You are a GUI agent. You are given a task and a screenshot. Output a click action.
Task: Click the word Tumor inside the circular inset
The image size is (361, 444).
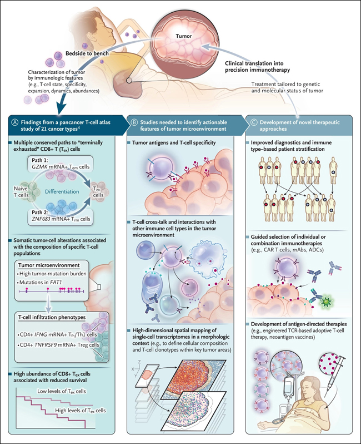coord(183,36)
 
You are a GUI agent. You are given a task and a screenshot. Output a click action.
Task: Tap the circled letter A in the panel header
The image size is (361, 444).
coord(14,122)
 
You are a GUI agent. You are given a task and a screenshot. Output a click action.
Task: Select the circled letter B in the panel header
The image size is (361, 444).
coord(134,122)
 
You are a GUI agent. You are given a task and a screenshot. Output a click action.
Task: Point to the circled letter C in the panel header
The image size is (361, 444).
coord(254,122)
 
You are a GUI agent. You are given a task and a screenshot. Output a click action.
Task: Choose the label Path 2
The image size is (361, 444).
coord(41,213)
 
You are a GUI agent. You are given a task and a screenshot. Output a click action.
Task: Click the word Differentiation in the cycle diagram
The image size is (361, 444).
coord(62,192)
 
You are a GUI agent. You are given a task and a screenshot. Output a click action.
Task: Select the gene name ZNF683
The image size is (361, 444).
coord(41,219)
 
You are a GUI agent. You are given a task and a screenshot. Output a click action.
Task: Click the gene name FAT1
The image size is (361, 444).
coord(56,282)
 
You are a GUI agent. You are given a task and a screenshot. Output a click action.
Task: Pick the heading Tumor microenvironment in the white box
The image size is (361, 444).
coord(49,265)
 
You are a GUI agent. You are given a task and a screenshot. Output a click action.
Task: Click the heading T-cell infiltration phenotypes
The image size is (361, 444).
coord(52,318)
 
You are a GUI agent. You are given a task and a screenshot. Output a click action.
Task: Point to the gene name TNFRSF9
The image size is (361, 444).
coord(44,345)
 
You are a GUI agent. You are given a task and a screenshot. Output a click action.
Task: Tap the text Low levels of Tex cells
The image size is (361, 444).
coord(61,391)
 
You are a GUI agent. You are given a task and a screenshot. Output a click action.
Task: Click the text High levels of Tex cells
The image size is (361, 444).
coord(81,411)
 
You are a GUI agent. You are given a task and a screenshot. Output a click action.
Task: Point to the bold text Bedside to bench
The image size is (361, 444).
coord(87,53)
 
